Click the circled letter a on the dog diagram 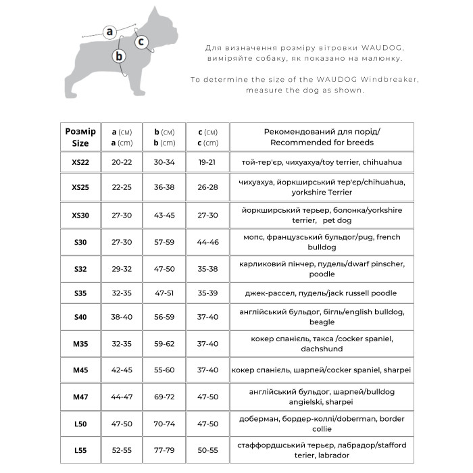pos(110,31)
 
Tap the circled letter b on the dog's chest pos(119,56)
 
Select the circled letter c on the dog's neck pos(141,42)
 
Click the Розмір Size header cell pos(80,136)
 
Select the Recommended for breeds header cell pos(322,136)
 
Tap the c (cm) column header pos(208,136)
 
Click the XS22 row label pos(80,162)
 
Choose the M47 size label pos(80,397)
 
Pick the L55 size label pos(80,449)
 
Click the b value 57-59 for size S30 pos(165,241)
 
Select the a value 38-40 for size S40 pos(122,317)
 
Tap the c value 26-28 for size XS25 pos(208,187)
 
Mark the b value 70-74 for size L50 pos(165,424)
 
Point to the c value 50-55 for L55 pos(208,449)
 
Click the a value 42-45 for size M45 pos(122,370)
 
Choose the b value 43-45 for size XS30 pos(165,215)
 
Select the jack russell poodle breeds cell pos(322,293)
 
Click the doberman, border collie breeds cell pos(322,424)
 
